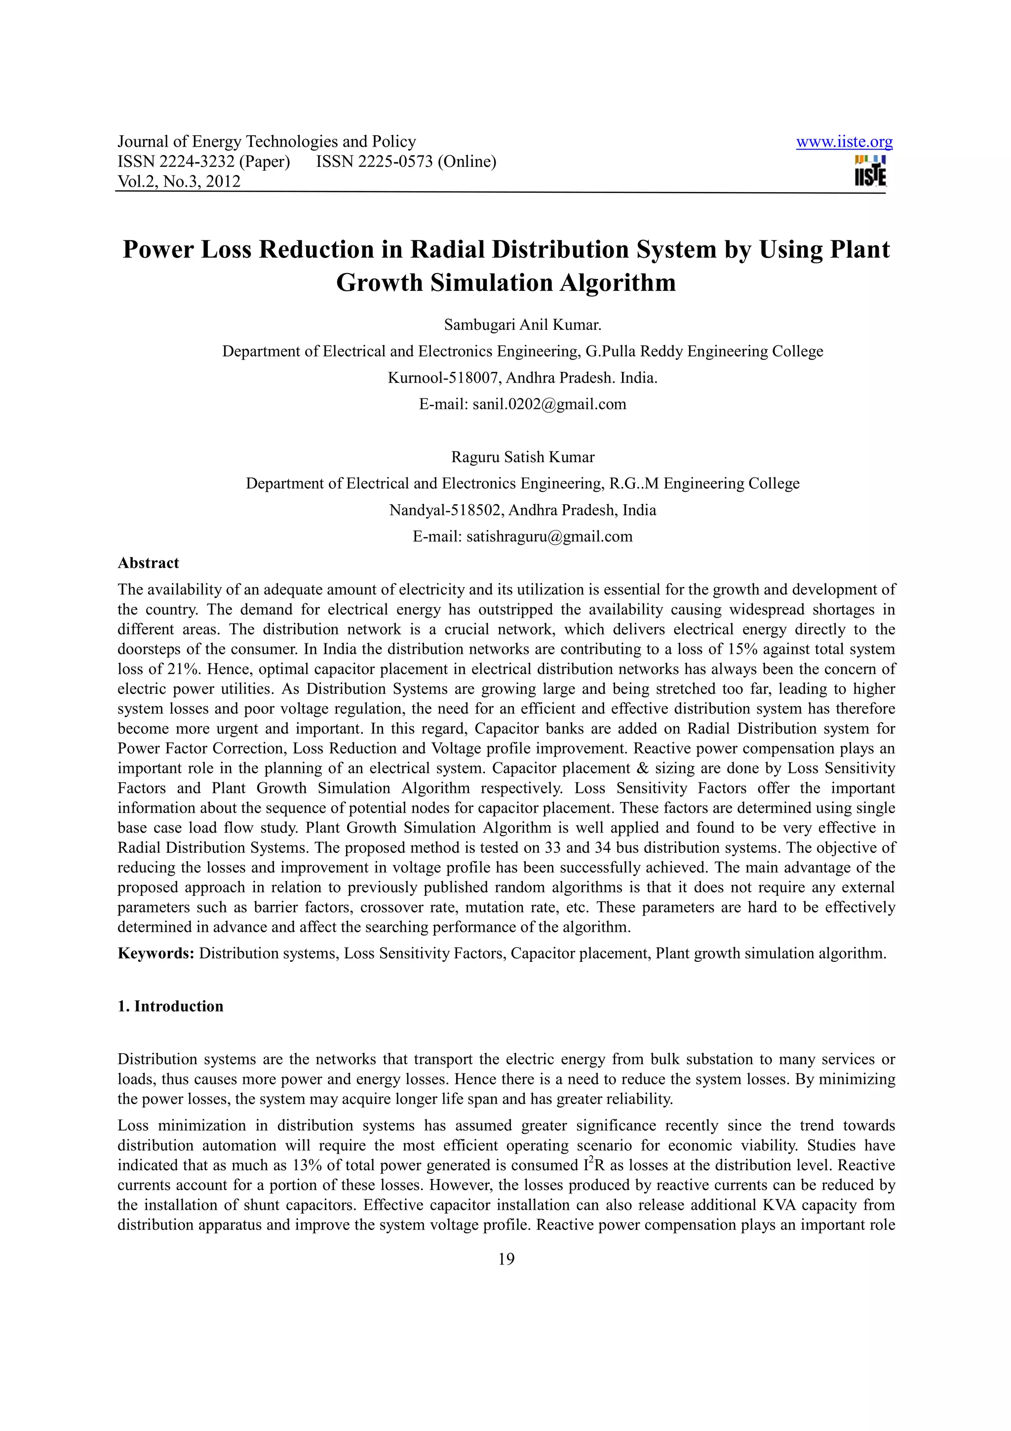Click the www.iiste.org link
844,142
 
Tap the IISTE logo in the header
870,171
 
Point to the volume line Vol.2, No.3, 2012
179,182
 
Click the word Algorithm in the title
618,283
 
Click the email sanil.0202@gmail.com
549,404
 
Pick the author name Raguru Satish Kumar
523,457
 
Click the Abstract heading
148,563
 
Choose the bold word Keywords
156,954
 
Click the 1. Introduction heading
170,1006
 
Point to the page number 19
506,1259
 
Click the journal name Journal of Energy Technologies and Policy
267,142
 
